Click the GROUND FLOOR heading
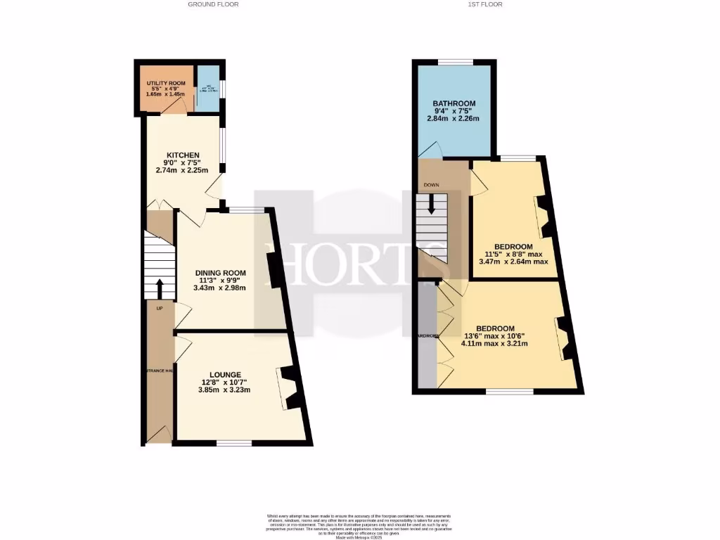[x=213, y=4]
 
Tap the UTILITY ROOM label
[x=160, y=84]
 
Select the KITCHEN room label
[x=183, y=155]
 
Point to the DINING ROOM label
[x=220, y=273]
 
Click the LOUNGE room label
[x=225, y=374]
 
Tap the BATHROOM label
[x=454, y=103]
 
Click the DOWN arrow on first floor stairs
[x=431, y=204]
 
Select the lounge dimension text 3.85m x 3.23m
[x=225, y=390]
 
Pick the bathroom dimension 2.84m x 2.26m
[x=454, y=119]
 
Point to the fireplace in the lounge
[x=290, y=388]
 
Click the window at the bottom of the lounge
[x=233, y=443]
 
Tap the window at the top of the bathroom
[x=455, y=62]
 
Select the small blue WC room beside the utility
[x=207, y=89]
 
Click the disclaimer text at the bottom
[x=360, y=526]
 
